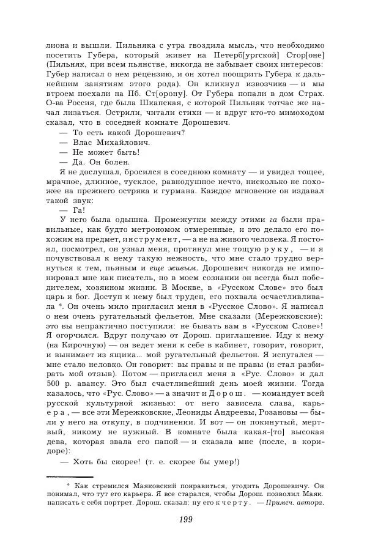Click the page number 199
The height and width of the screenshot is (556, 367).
(x=183, y=520)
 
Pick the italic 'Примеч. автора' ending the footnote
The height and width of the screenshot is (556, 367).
(x=298, y=503)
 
